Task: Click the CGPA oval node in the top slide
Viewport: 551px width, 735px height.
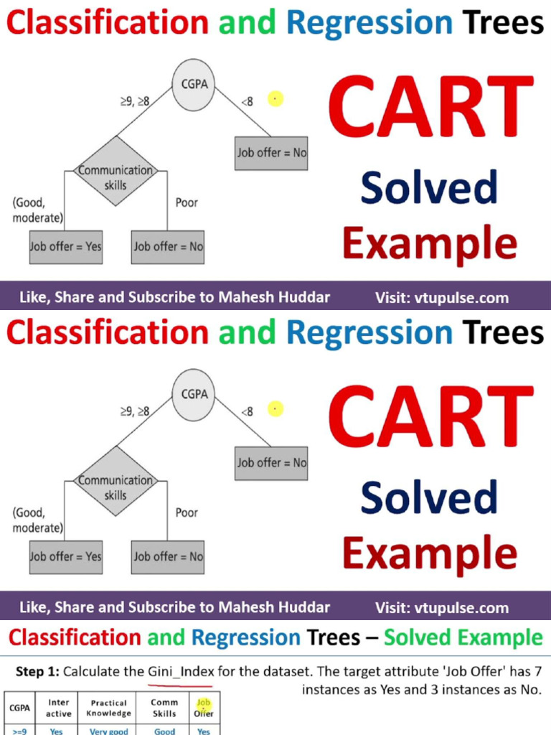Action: click(194, 85)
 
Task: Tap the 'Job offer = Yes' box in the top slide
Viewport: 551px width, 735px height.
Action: click(65, 246)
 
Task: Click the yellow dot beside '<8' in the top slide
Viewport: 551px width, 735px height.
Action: click(275, 99)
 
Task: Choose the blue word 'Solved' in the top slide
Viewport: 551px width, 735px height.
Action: click(429, 188)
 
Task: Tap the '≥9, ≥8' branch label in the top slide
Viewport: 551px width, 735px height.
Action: click(134, 101)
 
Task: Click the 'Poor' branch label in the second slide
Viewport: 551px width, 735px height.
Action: click(187, 512)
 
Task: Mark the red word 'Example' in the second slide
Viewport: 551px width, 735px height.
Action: click(429, 553)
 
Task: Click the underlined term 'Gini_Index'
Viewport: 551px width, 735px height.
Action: click(181, 673)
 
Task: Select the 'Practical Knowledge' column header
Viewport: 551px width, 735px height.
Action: click(109, 708)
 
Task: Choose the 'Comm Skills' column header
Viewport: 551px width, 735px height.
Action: click(164, 708)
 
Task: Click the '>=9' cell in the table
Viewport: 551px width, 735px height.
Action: click(19, 731)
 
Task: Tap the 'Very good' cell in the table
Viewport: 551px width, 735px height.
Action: click(109, 731)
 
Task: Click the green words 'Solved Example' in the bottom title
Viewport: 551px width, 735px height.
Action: click(463, 637)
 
